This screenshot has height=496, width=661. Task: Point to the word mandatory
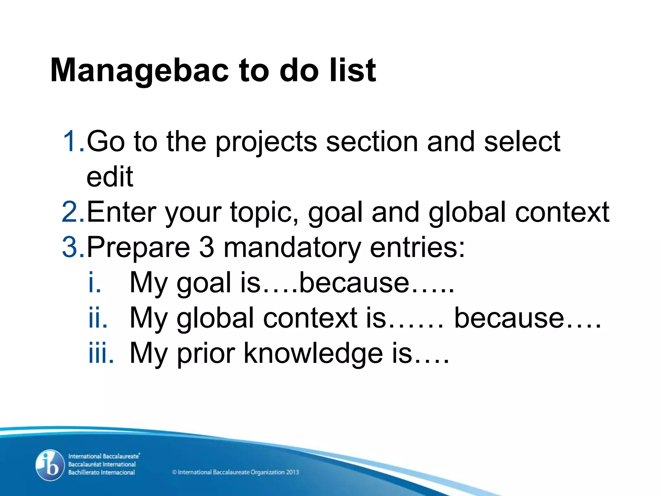coord(292,248)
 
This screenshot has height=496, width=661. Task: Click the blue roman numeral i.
coord(95,282)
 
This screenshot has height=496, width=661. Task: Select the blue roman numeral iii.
coord(101,353)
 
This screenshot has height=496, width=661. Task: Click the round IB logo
coord(50,465)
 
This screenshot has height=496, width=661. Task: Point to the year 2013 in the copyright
coord(292,472)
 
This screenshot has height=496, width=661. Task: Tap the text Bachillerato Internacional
coord(101,472)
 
